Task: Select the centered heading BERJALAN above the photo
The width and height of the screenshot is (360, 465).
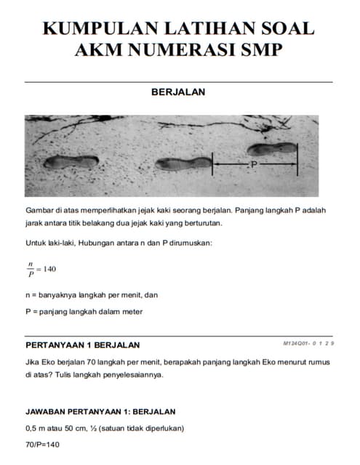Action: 178,92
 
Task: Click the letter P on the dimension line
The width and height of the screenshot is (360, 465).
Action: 254,166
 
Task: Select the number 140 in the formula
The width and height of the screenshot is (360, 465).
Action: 49,269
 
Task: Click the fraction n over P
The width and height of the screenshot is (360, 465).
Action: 31,269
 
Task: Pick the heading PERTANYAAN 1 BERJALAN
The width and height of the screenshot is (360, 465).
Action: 83,344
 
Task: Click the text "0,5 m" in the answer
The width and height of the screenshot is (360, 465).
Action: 37,427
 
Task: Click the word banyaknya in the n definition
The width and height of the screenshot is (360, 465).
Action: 62,295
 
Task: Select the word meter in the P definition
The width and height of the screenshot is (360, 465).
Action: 129,312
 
